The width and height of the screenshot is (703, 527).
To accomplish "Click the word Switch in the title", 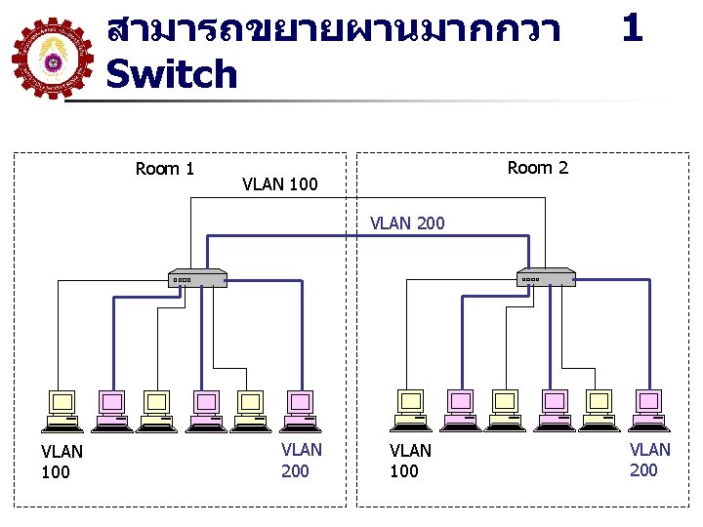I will tap(172, 74).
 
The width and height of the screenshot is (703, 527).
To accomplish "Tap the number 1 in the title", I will tap(632, 27).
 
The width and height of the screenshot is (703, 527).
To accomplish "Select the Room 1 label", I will tap(165, 169).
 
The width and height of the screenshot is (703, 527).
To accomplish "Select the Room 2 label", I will tap(538, 168).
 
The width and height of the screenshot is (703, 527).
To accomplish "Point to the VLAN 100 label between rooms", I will tap(280, 183).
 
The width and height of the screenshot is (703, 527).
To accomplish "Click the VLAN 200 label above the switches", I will tap(407, 223).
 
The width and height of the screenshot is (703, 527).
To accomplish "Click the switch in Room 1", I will tap(197, 278).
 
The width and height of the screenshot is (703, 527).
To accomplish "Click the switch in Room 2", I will tap(546, 277).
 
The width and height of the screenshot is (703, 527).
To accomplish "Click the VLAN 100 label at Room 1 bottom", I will tap(62, 462).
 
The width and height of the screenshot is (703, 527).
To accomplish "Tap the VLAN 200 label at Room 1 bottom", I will tap(301, 461).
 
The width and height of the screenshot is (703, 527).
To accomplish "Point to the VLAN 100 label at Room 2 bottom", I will tap(410, 461).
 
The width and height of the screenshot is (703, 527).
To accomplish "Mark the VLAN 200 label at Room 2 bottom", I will tap(649, 460).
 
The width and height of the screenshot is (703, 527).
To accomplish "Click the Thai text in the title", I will tap(333, 29).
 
